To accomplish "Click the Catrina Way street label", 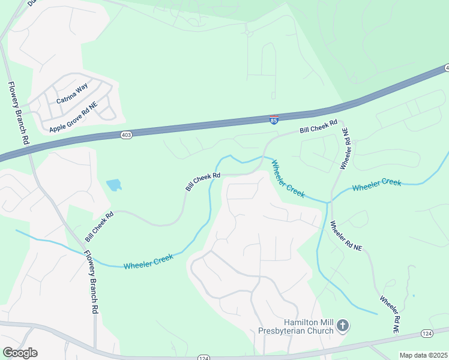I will click(72, 94).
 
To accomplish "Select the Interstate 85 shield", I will click(274, 120).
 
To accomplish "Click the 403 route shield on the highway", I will click(126, 136).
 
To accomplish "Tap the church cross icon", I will click(342, 326).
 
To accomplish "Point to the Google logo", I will click(20, 353).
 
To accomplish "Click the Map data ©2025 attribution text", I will click(424, 355).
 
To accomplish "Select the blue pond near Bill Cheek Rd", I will click(113, 185).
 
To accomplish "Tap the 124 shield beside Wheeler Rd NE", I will click(427, 333).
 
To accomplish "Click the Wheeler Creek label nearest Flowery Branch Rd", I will click(148, 262).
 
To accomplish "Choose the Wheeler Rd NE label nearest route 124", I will click(388, 314).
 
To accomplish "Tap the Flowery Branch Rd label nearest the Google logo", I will click(90, 282).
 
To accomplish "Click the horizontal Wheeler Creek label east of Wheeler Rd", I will click(376, 185).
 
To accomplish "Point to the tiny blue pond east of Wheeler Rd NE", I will click(414, 295).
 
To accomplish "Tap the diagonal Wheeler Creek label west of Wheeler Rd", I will click(288, 178).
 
